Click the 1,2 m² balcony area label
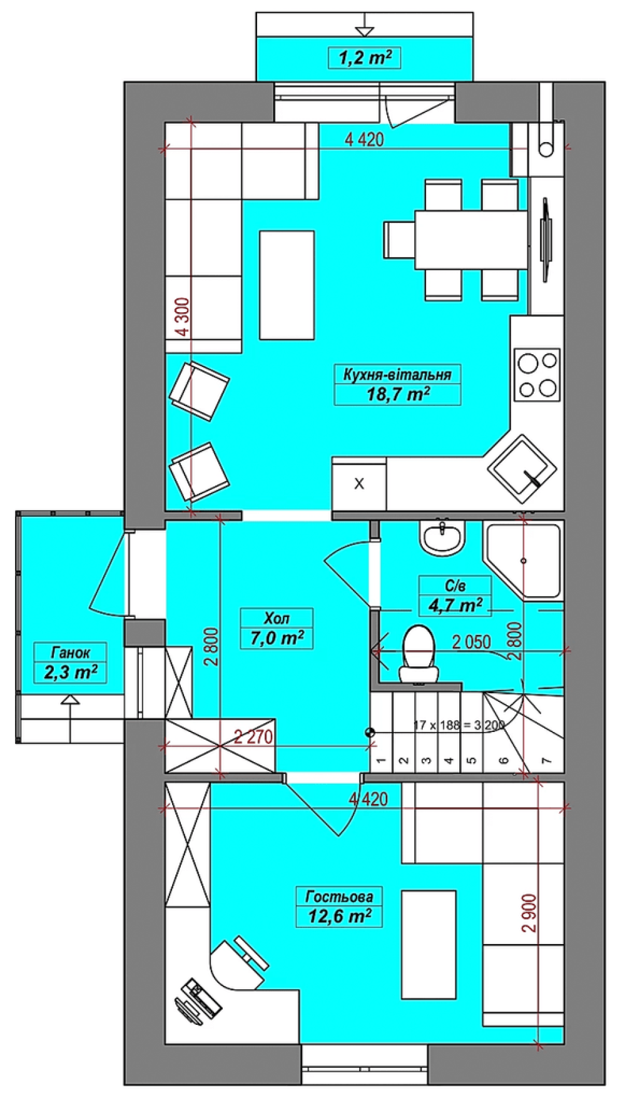[365, 58]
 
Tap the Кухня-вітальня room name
[397, 375]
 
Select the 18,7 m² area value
[398, 394]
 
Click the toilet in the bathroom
[419, 654]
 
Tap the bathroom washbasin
[443, 537]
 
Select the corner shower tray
[524, 561]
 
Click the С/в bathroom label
[455, 586]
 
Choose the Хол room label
[277, 618]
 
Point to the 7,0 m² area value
[277, 638]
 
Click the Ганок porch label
[70, 653]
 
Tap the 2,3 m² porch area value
[70, 673]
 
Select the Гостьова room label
[339, 897]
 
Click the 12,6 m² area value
[340, 917]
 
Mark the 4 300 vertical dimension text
[182, 317]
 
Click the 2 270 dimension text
[253, 737]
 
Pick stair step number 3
[426, 761]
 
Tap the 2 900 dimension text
[530, 913]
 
